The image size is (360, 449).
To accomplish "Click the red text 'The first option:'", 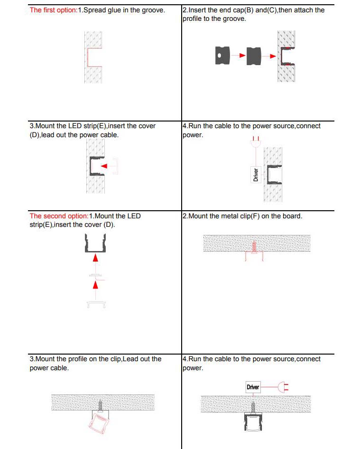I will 53,10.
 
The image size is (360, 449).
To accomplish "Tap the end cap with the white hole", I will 222,56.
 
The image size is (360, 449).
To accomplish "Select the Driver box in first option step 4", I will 255,175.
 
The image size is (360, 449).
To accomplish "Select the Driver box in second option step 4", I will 253,387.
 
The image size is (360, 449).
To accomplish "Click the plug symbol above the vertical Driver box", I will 256,141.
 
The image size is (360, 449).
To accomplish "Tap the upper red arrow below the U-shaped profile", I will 95,258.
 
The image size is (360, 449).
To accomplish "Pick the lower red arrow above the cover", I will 95,284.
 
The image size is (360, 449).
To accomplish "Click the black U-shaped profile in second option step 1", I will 95,244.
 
